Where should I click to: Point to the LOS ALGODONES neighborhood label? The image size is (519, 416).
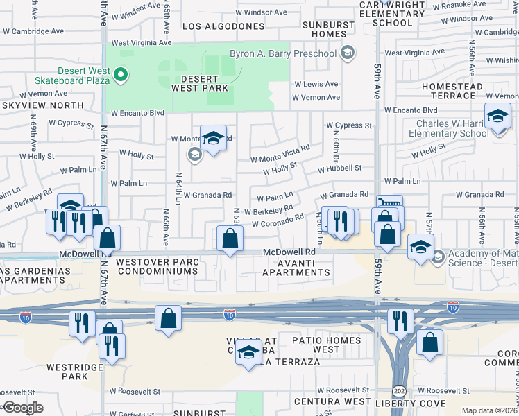pyautogui.click(x=223, y=26)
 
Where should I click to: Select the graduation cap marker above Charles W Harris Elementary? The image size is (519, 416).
pyautogui.click(x=497, y=116)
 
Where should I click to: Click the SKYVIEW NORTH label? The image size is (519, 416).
pyautogui.click(x=42, y=105)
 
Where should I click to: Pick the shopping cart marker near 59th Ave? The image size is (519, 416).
pyautogui.click(x=389, y=206)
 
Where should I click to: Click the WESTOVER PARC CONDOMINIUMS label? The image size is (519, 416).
pyautogui.click(x=158, y=267)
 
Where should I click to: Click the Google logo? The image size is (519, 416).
pyautogui.click(x=22, y=408)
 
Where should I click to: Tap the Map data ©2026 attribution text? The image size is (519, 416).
pyautogui.click(x=489, y=410)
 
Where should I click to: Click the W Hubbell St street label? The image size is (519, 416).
pyautogui.click(x=339, y=168)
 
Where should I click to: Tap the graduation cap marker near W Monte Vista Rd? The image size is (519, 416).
pyautogui.click(x=214, y=138)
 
